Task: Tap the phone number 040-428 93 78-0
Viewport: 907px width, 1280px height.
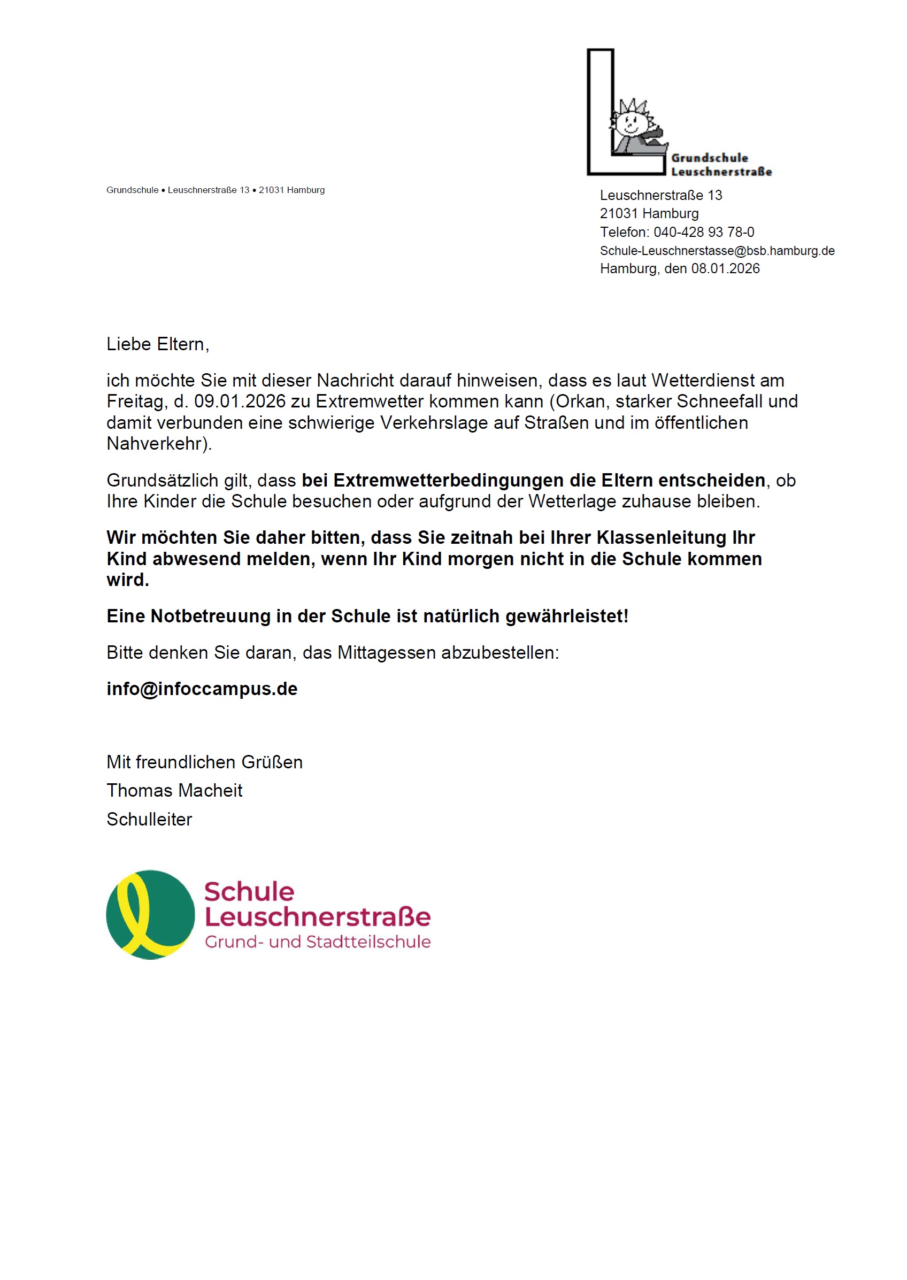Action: click(x=704, y=232)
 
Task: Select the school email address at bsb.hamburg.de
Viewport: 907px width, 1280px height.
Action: click(x=717, y=251)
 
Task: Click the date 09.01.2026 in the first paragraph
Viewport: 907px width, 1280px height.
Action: click(x=240, y=402)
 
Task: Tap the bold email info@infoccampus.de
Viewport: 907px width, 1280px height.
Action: click(x=202, y=689)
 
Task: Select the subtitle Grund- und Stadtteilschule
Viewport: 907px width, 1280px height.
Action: click(x=317, y=942)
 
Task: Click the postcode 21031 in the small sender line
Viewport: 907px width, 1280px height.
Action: click(x=271, y=190)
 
